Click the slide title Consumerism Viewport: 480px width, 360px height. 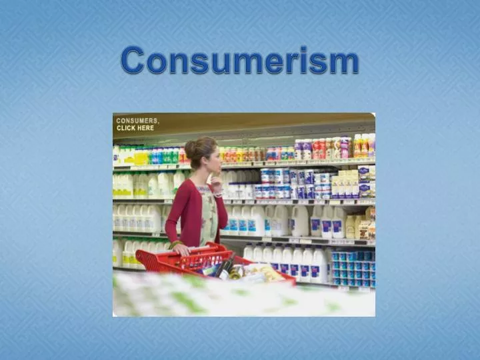(240, 61)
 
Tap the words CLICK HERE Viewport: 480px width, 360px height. (135, 128)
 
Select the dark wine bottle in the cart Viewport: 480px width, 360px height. (225, 269)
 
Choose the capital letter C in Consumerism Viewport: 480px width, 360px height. (133, 61)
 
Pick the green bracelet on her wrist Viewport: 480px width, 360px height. (174, 245)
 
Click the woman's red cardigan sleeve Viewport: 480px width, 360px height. (175, 213)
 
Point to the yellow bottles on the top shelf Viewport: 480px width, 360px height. (143, 157)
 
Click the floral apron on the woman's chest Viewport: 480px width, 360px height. (208, 213)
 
